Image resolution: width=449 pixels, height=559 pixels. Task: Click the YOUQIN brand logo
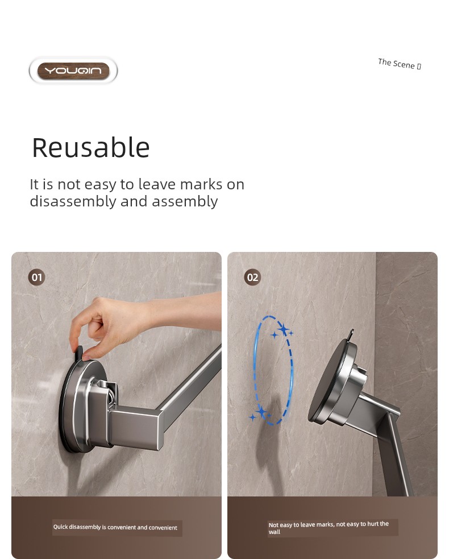tap(73, 71)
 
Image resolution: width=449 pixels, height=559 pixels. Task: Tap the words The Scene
tap(396, 64)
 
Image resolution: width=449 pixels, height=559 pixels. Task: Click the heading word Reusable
tap(91, 147)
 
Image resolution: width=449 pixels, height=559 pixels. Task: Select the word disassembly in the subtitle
tap(73, 201)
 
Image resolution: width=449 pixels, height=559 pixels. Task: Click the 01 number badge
tap(37, 278)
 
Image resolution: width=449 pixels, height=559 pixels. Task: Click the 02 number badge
tap(253, 278)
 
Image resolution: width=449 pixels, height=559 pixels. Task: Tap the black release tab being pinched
tap(79, 353)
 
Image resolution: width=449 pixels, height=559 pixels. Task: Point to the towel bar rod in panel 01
tap(190, 382)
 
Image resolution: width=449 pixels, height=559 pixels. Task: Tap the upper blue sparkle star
tap(283, 330)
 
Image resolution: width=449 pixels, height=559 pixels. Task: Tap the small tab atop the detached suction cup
tap(351, 334)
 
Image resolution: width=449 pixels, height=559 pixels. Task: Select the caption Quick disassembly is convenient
tap(115, 527)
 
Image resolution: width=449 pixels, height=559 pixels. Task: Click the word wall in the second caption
tap(275, 532)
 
